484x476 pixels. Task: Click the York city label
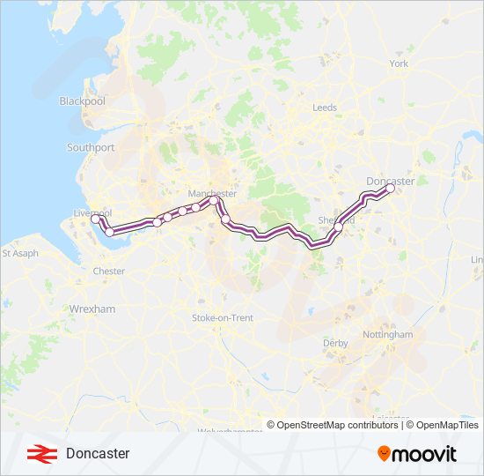400,64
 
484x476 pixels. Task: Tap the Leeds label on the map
325,108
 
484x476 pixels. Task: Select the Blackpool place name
82,101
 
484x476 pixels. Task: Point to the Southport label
91,148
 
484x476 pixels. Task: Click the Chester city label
109,271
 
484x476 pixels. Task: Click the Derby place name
335,342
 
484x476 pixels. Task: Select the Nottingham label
388,335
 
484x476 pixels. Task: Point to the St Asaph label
19,253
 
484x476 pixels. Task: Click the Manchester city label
212,193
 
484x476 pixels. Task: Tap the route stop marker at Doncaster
390,188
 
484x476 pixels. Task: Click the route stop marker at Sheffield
338,227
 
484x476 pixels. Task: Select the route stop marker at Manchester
214,201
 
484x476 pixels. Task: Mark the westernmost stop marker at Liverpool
96,220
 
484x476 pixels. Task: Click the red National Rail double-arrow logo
38,453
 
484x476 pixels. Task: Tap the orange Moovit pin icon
385,454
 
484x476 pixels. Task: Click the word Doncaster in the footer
98,453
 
